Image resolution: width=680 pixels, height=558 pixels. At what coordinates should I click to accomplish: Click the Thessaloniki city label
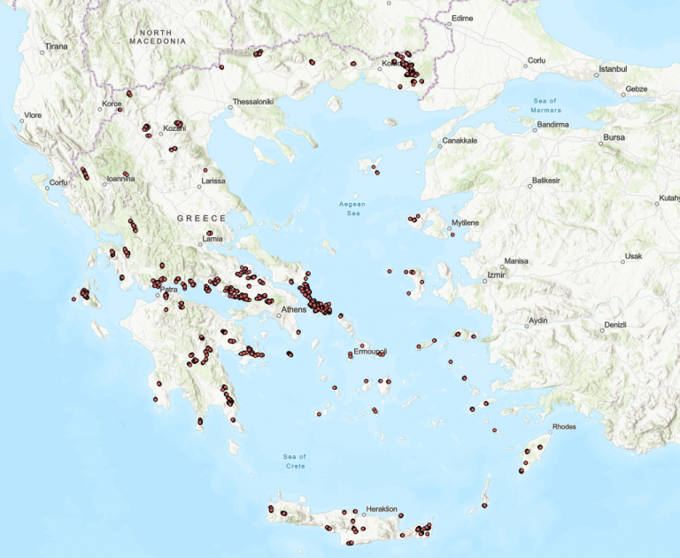coord(254,101)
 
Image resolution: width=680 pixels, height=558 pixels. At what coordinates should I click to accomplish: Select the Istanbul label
coord(613,68)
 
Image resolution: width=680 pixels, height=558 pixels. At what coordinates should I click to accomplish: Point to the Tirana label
coord(56,45)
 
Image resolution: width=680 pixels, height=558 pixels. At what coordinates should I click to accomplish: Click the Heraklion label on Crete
coord(382,508)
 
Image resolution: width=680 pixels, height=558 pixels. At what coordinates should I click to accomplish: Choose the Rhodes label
coord(564,427)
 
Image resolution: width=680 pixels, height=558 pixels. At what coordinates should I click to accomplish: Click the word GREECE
coord(201,218)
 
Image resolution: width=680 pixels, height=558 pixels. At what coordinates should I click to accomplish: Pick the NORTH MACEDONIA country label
coord(158,37)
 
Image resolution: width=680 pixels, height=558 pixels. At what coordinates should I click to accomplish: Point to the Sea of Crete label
coord(295,461)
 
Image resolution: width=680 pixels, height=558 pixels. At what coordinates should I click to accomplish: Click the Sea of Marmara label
coord(546,105)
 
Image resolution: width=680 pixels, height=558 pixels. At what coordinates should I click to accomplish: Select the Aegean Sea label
coord(352,208)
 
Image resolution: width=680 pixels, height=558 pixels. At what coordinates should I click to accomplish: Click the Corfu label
coord(58,182)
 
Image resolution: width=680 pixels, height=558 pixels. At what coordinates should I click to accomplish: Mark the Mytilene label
coord(465,222)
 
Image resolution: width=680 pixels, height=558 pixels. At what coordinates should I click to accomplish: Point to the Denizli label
coord(614,325)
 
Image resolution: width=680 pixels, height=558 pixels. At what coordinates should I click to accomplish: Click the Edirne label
coord(462,18)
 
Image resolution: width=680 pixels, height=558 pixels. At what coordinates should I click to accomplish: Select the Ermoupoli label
coord(370,352)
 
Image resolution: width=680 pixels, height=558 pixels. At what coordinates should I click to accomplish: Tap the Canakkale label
coord(460,140)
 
